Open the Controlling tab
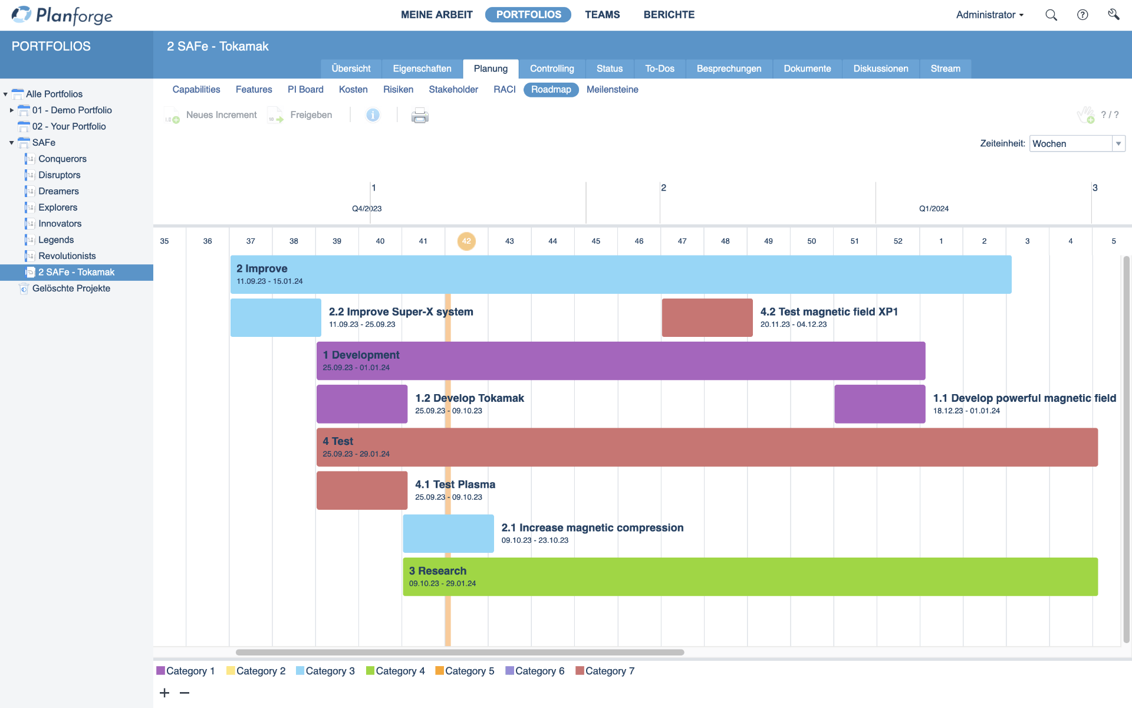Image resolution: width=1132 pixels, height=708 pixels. (x=551, y=68)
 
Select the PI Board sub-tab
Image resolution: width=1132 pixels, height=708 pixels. (x=305, y=90)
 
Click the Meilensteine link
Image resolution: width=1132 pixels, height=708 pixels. (x=612, y=90)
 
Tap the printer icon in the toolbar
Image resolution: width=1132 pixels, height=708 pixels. (x=420, y=115)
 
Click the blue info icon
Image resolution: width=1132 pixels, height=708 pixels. (x=373, y=115)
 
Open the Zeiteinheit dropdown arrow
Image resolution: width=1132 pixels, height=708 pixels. (x=1118, y=144)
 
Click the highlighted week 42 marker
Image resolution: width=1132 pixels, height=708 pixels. (x=466, y=241)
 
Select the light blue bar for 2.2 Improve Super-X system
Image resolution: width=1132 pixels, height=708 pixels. (x=276, y=317)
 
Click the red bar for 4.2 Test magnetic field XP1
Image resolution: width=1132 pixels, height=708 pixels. (x=707, y=317)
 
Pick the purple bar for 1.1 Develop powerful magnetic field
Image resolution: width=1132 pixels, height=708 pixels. (x=880, y=404)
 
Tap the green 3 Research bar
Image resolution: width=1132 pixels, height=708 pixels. (x=750, y=576)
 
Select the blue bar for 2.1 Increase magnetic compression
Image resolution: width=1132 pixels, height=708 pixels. (x=448, y=533)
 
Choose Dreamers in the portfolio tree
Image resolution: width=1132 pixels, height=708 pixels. (x=58, y=191)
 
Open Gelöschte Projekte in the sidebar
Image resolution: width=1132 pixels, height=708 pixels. (x=71, y=289)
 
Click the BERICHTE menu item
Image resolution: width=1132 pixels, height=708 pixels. (x=669, y=15)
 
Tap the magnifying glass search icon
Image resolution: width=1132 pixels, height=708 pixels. (x=1051, y=15)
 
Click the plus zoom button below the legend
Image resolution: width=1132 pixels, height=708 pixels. (x=164, y=693)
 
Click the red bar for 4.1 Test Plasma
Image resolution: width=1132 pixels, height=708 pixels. (x=362, y=490)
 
